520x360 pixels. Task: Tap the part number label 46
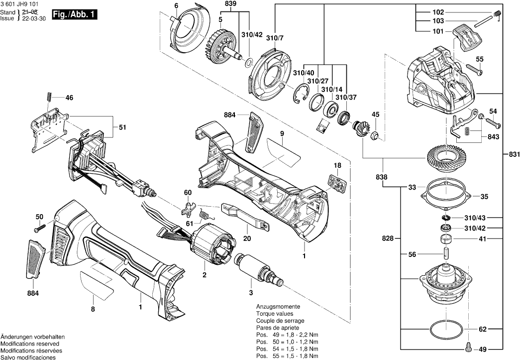tap(69, 98)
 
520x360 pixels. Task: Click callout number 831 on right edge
tap(514, 154)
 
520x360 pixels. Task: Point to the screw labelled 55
tap(476, 71)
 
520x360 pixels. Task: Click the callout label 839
tap(231, 3)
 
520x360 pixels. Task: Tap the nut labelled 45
tap(376, 134)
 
